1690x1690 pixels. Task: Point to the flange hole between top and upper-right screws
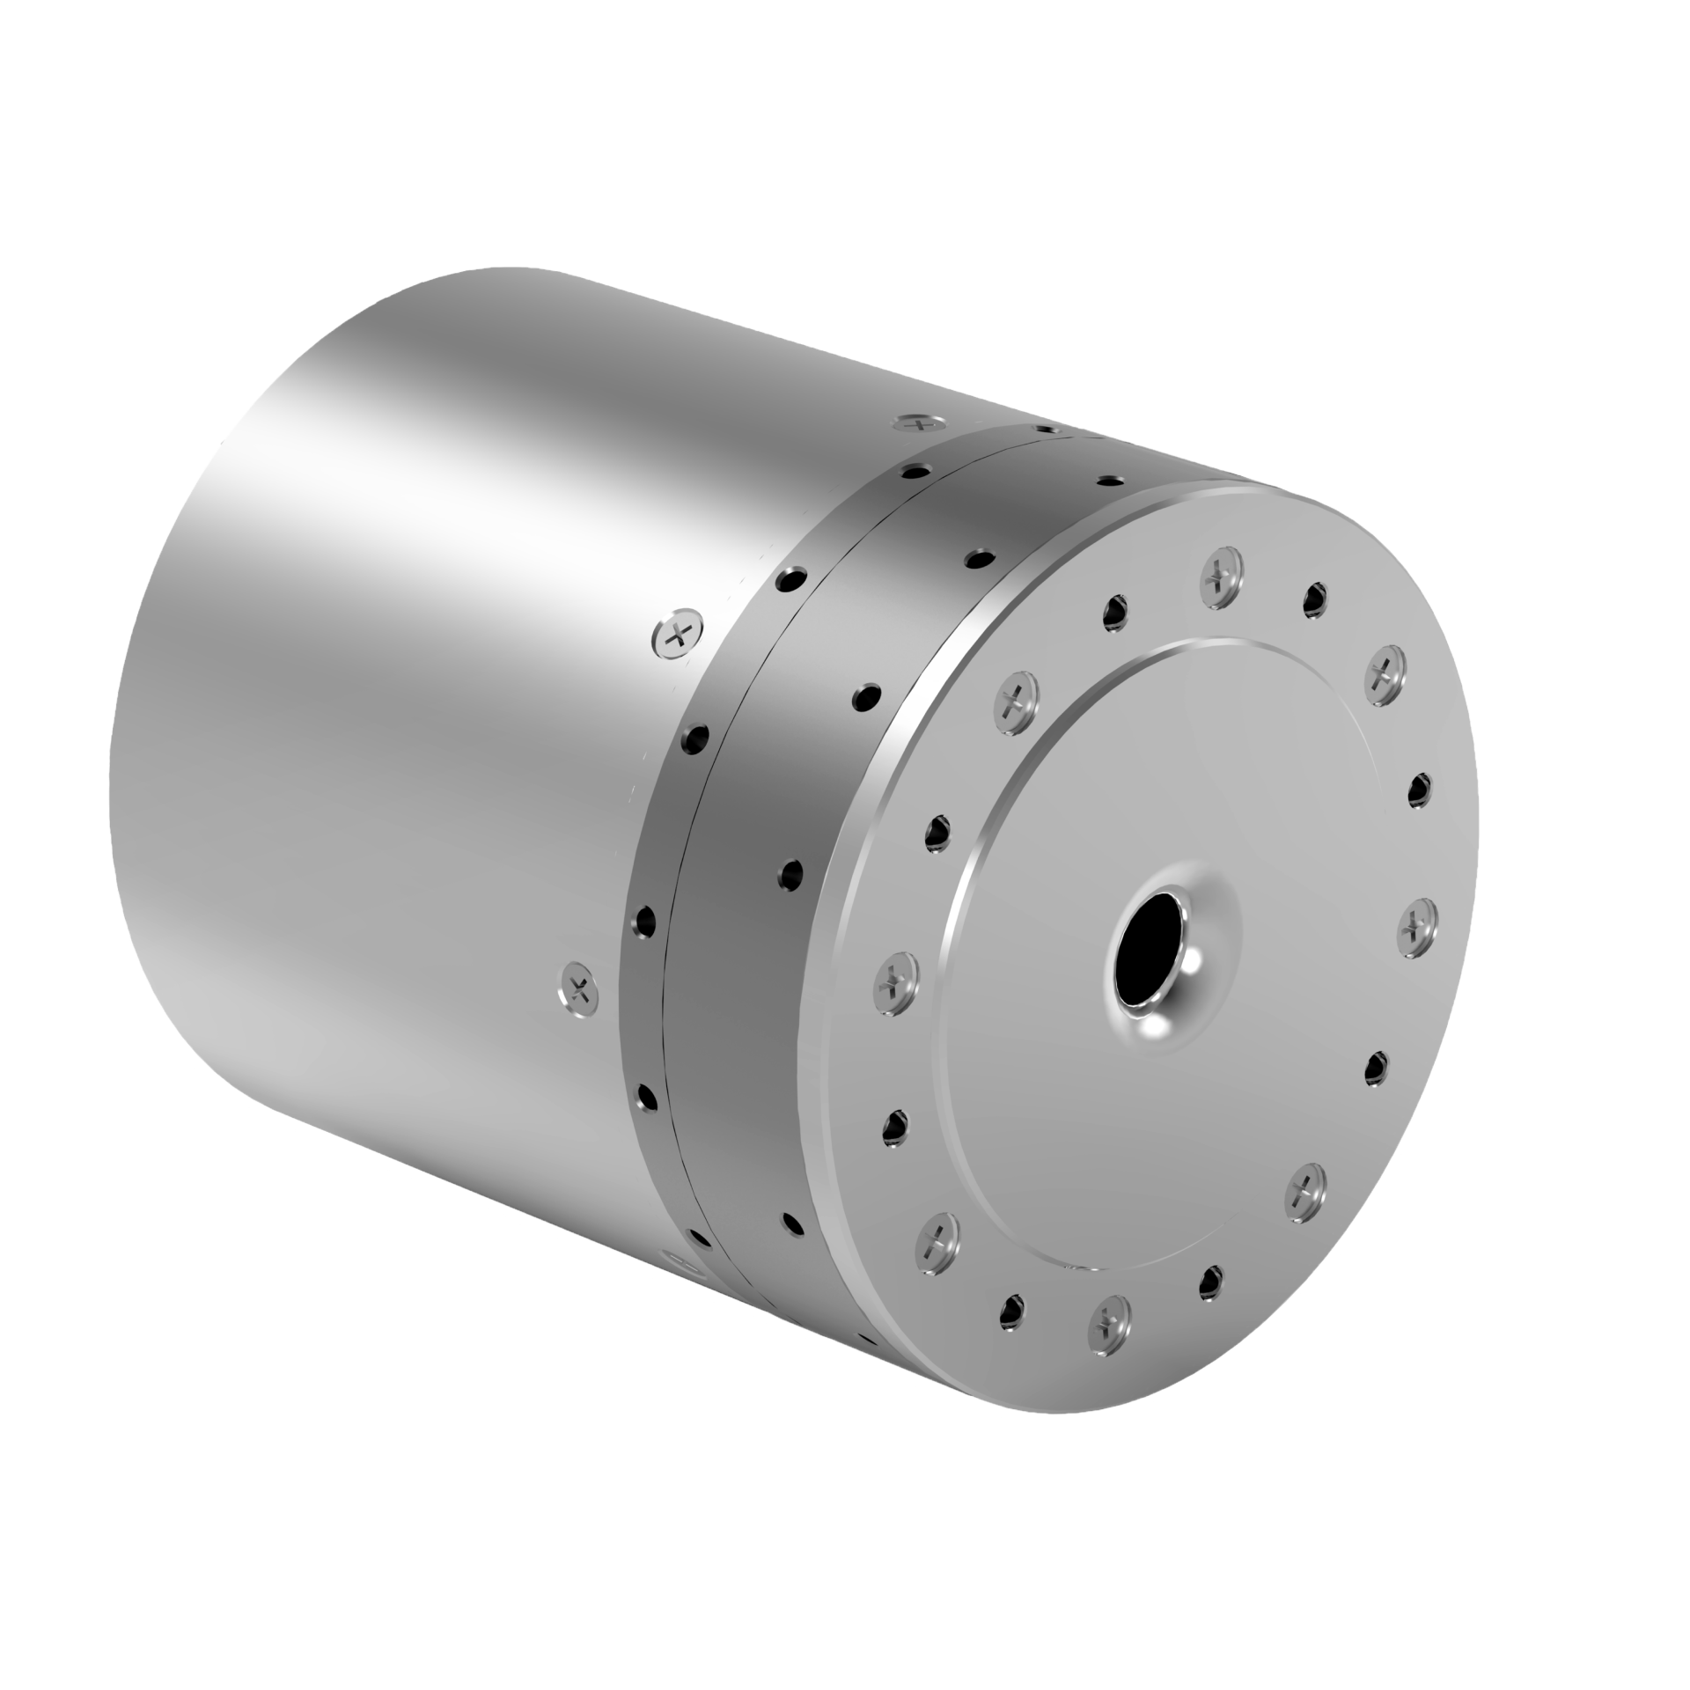coord(1315,598)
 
